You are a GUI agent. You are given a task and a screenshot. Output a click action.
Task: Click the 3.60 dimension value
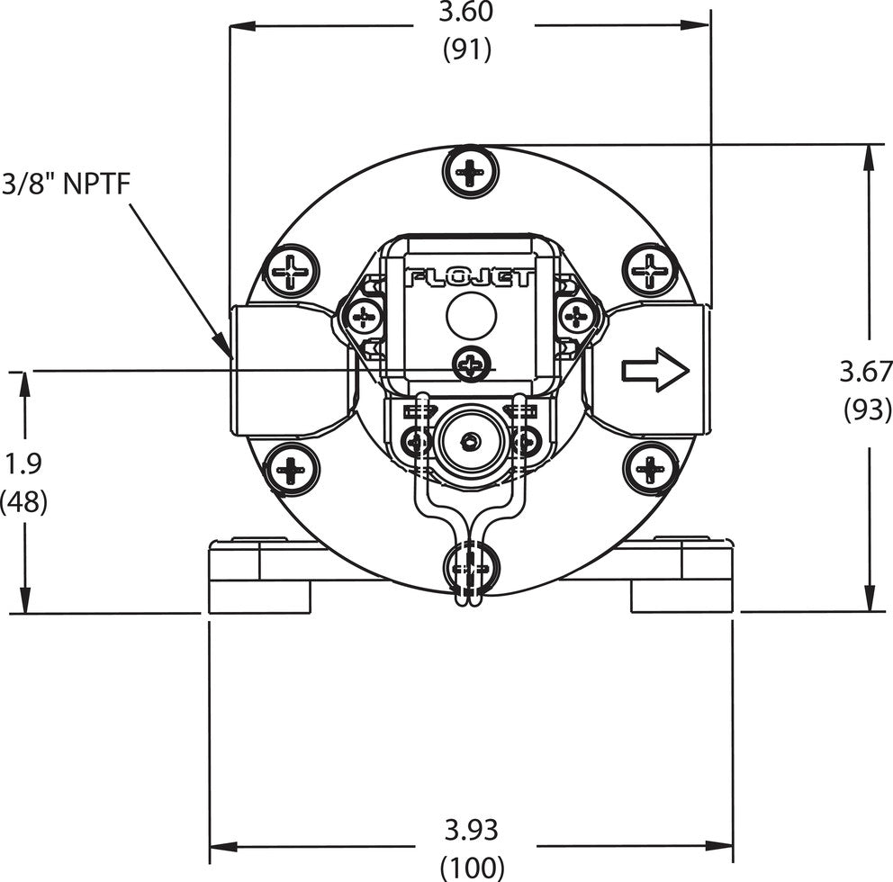(x=467, y=14)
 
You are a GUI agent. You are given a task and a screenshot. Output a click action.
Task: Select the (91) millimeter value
(x=467, y=50)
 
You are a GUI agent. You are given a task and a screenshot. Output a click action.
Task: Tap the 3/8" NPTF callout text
(x=67, y=183)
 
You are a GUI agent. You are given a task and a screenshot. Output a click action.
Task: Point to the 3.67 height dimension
(x=865, y=370)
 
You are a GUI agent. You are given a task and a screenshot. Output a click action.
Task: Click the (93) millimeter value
(x=866, y=408)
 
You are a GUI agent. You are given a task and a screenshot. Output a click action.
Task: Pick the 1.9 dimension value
(x=23, y=463)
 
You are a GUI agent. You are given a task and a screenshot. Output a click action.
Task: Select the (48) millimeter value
(x=23, y=500)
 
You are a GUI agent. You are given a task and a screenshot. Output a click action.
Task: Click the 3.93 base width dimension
(x=471, y=828)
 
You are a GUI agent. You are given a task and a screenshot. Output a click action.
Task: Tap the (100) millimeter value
(x=472, y=866)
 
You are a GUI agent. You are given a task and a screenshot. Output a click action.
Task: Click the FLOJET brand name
(x=471, y=278)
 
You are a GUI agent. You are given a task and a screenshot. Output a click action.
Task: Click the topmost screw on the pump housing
(x=470, y=170)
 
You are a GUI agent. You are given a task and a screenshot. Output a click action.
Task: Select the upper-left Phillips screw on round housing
(x=292, y=270)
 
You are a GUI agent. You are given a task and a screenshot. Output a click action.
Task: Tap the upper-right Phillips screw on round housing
(x=649, y=270)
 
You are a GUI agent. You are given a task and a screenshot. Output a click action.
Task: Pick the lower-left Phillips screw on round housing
(x=292, y=469)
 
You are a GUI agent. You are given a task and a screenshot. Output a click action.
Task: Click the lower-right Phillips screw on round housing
(x=649, y=469)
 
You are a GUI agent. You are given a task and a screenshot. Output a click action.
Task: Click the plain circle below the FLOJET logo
(x=472, y=317)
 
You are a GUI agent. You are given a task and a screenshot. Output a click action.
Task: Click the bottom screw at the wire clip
(x=470, y=569)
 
